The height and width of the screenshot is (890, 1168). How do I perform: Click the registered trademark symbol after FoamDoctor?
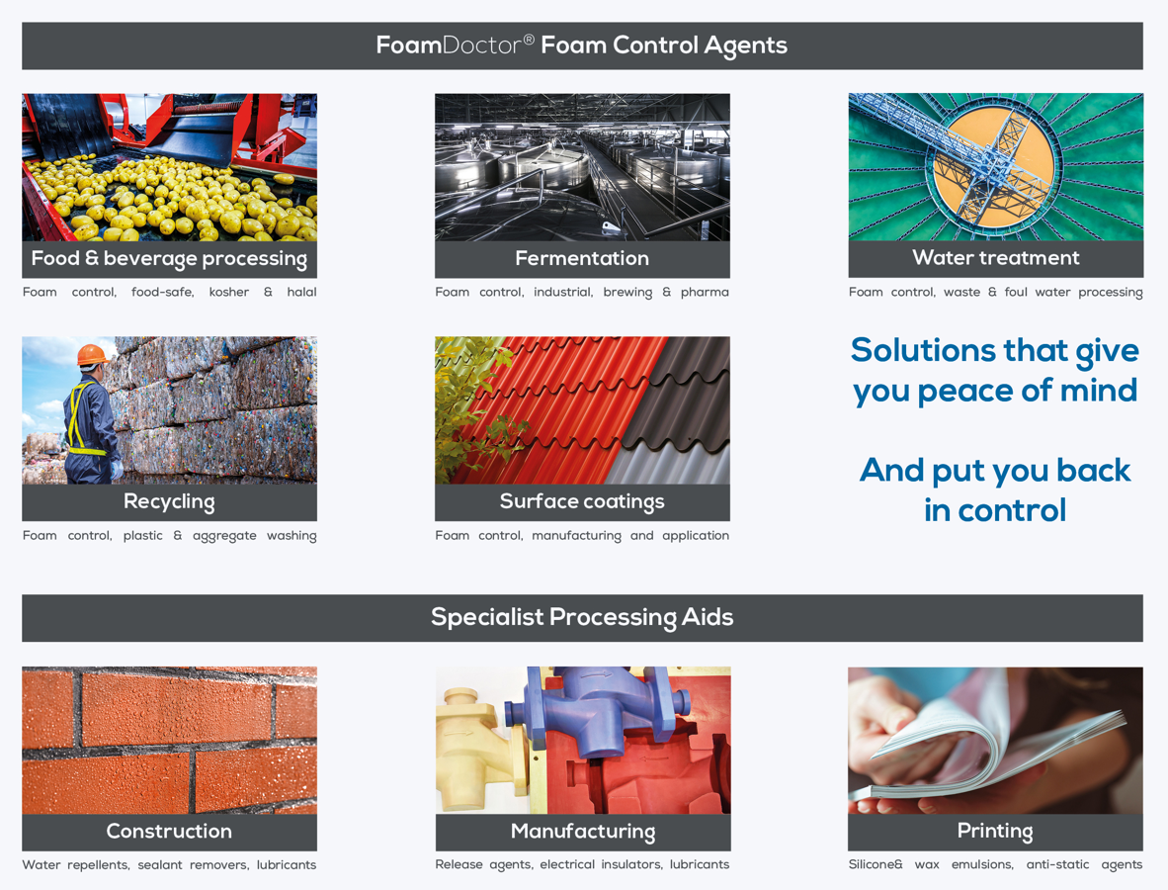pos(528,39)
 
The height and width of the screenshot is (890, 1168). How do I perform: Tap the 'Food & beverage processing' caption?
pos(169,259)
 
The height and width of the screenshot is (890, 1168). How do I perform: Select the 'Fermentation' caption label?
pos(582,258)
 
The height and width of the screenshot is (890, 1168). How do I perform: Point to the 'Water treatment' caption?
pos(996,257)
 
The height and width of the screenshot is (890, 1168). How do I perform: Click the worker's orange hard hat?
pos(92,354)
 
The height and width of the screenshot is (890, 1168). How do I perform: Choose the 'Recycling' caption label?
pos(169,501)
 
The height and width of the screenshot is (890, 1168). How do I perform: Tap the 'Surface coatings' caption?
pos(582,501)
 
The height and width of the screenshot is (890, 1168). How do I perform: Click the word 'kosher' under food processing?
pos(228,292)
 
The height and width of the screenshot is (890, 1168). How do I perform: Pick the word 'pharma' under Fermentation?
pos(705,292)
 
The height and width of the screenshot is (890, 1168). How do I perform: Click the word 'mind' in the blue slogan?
pos(1099,390)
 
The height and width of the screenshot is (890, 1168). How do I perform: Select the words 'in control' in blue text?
pos(995,510)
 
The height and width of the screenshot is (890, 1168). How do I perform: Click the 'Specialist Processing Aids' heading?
pos(582,617)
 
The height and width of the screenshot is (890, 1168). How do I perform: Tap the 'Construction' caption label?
pos(169,831)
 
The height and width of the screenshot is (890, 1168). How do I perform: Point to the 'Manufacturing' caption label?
pos(582,831)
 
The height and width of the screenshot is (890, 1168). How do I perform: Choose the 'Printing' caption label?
pos(995,831)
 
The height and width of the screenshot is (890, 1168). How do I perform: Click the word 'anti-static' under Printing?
pos(1057,864)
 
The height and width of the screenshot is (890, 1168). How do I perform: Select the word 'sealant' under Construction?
pos(159,864)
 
